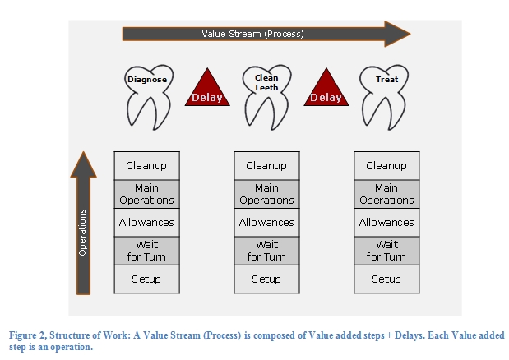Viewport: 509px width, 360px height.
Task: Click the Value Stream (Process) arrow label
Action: (x=252, y=34)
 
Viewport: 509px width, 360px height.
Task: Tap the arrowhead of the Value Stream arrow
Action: (x=396, y=34)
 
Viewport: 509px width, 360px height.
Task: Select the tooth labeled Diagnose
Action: (x=149, y=97)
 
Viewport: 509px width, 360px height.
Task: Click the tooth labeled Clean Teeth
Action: (x=267, y=97)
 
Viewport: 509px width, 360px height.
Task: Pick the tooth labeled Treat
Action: (x=384, y=97)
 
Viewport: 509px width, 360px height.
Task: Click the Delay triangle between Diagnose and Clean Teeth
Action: (x=207, y=90)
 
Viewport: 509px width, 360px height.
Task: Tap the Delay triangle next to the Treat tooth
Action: (x=326, y=90)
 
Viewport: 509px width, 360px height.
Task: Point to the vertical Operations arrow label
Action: (x=83, y=233)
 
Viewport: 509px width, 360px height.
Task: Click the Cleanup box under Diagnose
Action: (x=146, y=166)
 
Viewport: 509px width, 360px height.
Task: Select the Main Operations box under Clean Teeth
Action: (x=267, y=194)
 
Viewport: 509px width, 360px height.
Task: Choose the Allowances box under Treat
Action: (x=386, y=223)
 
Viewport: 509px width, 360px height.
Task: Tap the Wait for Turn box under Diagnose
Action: (x=146, y=251)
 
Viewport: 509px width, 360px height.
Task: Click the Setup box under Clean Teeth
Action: (x=267, y=279)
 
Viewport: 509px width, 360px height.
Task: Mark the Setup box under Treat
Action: (x=386, y=279)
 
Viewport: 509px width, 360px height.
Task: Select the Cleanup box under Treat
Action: (x=386, y=166)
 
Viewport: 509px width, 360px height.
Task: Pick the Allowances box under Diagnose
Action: (x=146, y=223)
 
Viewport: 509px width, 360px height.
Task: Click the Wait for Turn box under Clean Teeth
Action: (x=267, y=251)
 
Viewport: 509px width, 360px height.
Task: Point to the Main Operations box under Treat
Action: (x=386, y=194)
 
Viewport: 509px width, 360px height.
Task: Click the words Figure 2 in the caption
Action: (x=28, y=335)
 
